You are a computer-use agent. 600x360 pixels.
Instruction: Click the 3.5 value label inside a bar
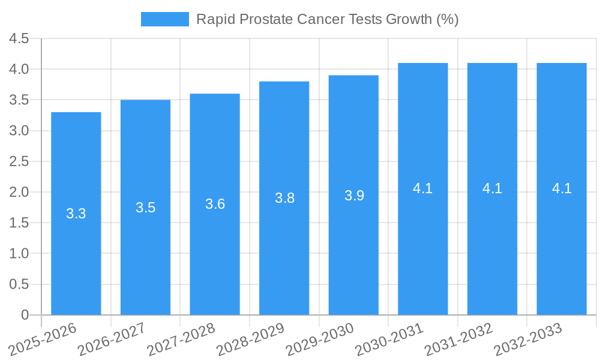[146, 208]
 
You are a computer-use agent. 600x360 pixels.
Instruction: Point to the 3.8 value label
[284, 198]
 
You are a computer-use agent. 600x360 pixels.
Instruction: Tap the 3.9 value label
[354, 196]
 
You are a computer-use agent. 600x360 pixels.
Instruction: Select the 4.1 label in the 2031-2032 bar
[492, 188]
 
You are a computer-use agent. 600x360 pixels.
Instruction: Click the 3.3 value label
[76, 214]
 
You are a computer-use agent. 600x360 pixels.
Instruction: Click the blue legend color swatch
[164, 19]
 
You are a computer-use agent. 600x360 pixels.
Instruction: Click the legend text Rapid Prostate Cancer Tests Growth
[328, 19]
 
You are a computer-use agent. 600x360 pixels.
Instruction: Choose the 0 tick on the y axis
[25, 315]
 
